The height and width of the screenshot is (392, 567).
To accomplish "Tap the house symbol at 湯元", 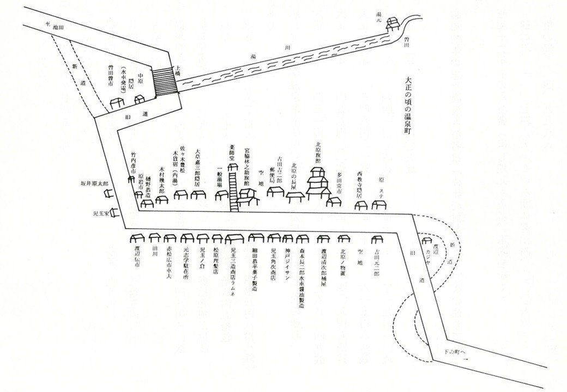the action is coord(393,24).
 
